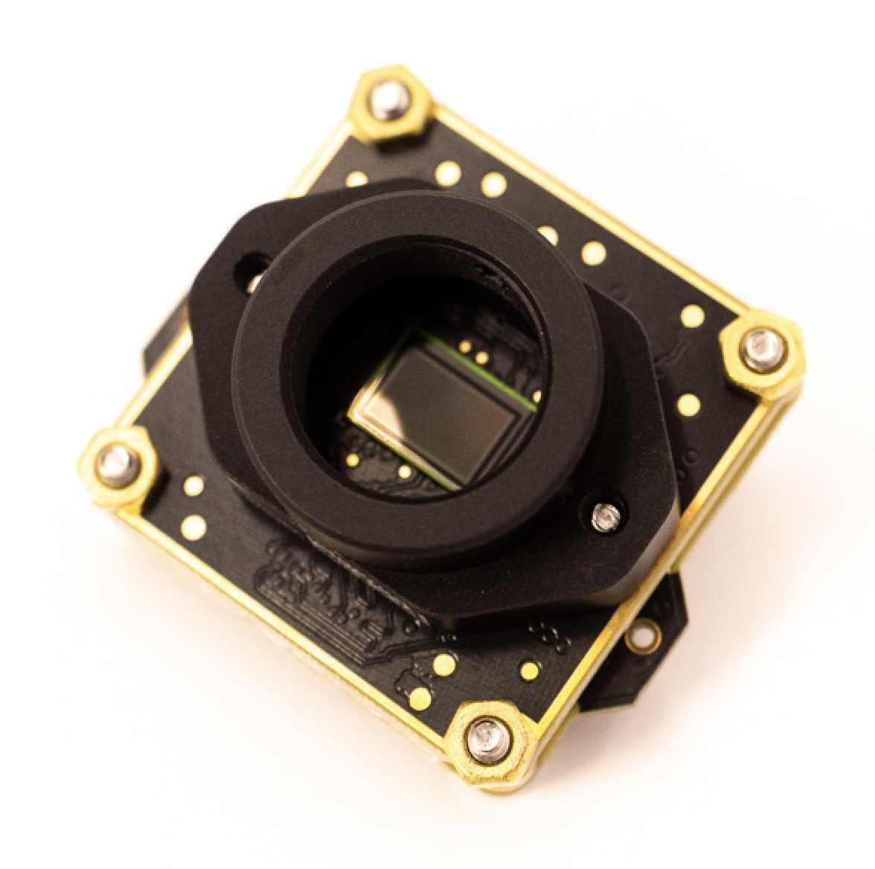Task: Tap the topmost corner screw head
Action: pyautogui.click(x=388, y=100)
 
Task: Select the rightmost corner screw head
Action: pyautogui.click(x=762, y=349)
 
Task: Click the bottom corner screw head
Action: pyautogui.click(x=488, y=738)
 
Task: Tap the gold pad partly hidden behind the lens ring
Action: pyautogui.click(x=548, y=235)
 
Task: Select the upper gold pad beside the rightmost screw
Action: pyautogui.click(x=692, y=315)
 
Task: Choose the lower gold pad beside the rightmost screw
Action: pyautogui.click(x=689, y=405)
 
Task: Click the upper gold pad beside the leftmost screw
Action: pyautogui.click(x=193, y=486)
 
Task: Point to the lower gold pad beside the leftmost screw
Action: pyautogui.click(x=193, y=528)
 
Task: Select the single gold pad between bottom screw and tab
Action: pyautogui.click(x=530, y=671)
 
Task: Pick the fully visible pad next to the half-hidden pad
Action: pyautogui.click(x=593, y=253)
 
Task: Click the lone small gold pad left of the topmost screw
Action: pyautogui.click(x=356, y=179)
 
